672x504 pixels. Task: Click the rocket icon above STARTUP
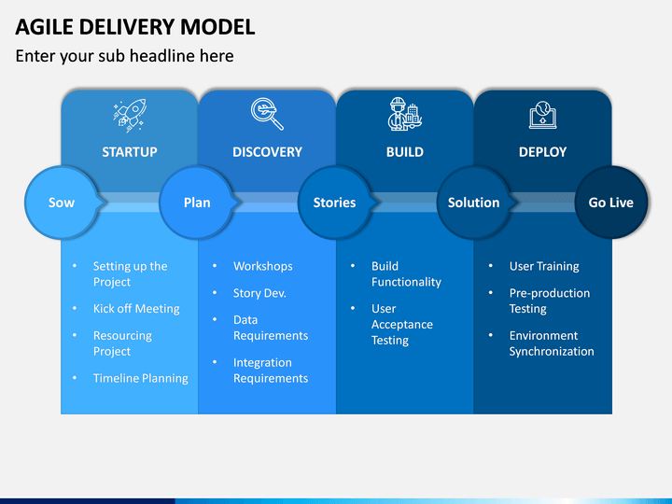tap(130, 115)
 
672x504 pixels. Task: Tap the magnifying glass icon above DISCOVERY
tap(267, 114)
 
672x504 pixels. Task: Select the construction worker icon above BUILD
tap(405, 114)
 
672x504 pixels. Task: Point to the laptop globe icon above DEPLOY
tap(542, 115)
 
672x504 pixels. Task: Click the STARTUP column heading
tap(130, 152)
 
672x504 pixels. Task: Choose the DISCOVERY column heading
tap(268, 152)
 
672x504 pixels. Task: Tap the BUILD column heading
tap(405, 152)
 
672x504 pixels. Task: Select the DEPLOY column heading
tap(542, 152)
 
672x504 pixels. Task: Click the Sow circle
tap(62, 203)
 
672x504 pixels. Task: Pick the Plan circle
tap(197, 203)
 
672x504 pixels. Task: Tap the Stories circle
tap(334, 203)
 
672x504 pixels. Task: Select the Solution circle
tap(473, 203)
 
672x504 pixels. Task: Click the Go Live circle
tap(610, 203)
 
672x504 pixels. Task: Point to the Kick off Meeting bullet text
tap(136, 309)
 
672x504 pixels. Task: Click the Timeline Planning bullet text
tap(141, 378)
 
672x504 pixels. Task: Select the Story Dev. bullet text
tap(259, 293)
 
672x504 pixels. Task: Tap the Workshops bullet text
tap(262, 266)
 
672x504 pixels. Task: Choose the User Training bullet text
tap(544, 266)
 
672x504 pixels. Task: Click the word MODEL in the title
tap(217, 27)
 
